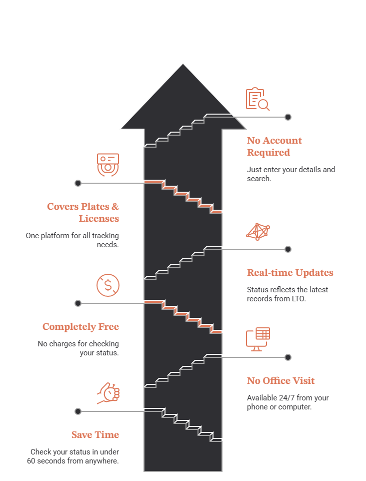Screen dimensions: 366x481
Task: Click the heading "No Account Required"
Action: coord(274,146)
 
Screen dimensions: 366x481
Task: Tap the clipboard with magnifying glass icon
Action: coord(257,99)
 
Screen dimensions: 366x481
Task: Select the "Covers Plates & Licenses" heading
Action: coord(83,212)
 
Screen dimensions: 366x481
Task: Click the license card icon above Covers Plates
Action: coord(108,165)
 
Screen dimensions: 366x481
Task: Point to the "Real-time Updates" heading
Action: coord(290,272)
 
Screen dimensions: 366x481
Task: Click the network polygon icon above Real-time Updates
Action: coord(258,232)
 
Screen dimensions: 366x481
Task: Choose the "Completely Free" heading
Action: coord(80,327)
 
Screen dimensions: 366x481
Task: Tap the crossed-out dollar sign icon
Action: coord(108,285)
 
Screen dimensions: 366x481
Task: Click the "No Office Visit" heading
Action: coord(281,381)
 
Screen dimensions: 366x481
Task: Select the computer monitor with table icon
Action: coord(258,339)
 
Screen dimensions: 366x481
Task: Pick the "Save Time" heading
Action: coord(95,434)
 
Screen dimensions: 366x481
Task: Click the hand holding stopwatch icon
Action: coord(108,393)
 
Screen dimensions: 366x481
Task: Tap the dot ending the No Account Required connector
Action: coord(288,117)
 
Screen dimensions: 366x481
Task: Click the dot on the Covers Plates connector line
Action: coord(78,183)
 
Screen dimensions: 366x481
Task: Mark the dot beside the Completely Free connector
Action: coord(78,303)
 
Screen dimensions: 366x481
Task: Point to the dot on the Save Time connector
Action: coord(78,411)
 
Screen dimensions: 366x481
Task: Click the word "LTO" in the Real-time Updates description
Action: coord(298,299)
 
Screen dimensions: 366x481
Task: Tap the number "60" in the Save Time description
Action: coord(31,461)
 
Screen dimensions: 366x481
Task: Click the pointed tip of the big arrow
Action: coord(183,64)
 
